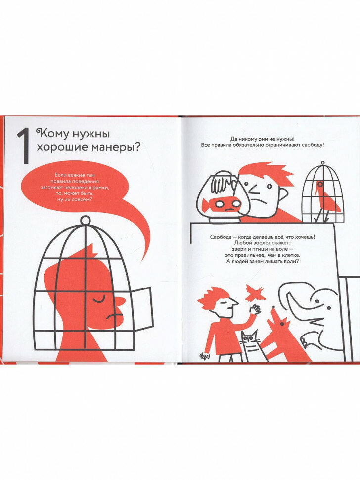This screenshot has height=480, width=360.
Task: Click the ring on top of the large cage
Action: (86, 220)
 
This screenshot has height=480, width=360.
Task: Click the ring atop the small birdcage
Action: (322, 163)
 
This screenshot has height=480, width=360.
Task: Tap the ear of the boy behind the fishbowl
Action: (283, 193)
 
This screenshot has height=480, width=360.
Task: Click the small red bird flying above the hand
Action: (255, 292)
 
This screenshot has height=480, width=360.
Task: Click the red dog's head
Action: (278, 319)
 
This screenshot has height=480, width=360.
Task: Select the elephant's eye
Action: (317, 302)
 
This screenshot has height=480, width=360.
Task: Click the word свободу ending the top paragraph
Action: (314, 145)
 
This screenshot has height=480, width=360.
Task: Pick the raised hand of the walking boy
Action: (255, 309)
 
